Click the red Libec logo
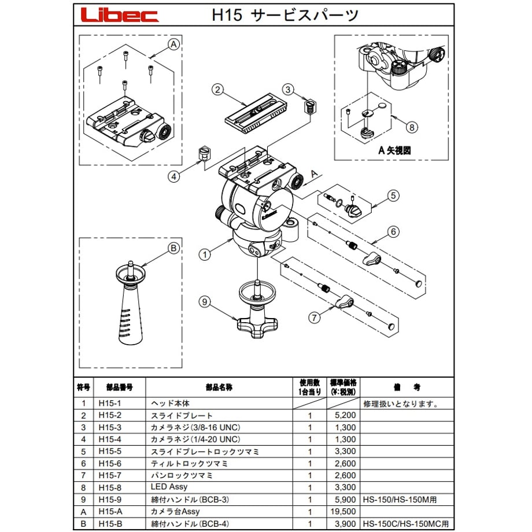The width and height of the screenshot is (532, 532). [x=120, y=15]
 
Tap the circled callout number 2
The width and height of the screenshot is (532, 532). [x=218, y=89]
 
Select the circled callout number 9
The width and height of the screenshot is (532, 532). [x=205, y=301]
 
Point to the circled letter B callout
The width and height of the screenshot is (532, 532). [x=173, y=248]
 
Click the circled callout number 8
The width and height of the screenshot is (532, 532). [x=412, y=127]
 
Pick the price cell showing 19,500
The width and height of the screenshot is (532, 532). [x=343, y=511]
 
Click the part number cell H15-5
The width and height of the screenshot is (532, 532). [x=110, y=451]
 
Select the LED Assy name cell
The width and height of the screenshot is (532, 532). [x=169, y=487]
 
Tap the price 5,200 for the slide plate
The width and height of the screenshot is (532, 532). [x=345, y=415]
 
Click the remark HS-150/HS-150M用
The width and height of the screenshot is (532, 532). [x=400, y=500]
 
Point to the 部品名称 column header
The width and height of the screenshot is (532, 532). [x=219, y=387]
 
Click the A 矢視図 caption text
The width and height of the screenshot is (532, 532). [x=394, y=150]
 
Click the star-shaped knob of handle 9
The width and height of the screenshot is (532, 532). [x=257, y=327]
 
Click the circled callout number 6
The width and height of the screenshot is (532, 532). [x=394, y=232]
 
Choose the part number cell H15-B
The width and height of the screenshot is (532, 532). [x=110, y=523]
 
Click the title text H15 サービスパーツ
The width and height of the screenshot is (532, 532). [x=285, y=15]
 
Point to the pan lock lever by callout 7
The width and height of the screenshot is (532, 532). [x=345, y=301]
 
